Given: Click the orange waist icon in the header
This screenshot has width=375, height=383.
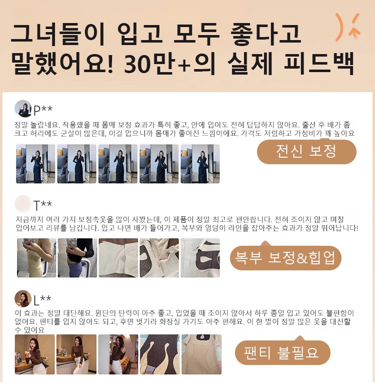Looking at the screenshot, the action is [347, 27].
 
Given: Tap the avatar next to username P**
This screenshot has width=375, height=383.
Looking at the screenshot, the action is [23, 109].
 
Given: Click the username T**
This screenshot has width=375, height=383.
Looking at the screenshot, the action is [42, 205].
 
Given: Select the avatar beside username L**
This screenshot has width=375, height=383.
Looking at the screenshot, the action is [23, 299].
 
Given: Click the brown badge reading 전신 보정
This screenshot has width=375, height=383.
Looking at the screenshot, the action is [306, 151].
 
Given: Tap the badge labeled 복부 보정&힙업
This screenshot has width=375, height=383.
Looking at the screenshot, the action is [285, 257].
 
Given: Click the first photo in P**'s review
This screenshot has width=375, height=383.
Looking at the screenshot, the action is [35, 164].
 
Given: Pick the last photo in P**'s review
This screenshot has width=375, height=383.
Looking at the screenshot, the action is [200, 164].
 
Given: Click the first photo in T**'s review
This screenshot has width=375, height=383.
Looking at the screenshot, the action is [36, 258].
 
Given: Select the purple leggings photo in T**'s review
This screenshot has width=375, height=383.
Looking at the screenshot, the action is [77, 258].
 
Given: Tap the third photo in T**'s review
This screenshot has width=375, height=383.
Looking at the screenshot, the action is [118, 258].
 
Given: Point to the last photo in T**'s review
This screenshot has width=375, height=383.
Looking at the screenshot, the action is [200, 258].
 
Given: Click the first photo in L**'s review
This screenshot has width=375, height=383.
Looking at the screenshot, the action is [34, 354].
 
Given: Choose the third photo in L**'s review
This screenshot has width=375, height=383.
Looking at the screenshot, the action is [118, 354].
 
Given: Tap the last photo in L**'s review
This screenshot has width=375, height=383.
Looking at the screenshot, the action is [201, 354].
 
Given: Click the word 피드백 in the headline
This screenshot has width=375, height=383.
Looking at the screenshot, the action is [319, 64].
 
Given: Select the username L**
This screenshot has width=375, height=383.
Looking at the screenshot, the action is [42, 300].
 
